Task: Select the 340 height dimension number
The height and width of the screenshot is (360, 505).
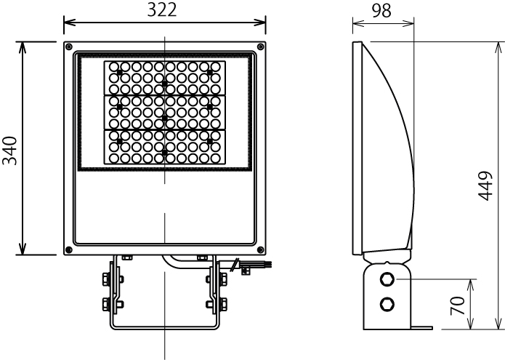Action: (9, 149)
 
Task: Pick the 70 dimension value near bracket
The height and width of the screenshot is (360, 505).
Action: (458, 304)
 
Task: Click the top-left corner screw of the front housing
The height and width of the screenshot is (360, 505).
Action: (68, 47)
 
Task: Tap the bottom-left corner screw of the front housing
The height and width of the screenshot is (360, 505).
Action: (68, 250)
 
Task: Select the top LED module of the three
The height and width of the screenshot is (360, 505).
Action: (164, 78)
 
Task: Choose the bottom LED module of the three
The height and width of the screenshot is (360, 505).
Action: (164, 145)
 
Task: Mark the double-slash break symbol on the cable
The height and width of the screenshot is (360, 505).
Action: (233, 267)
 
